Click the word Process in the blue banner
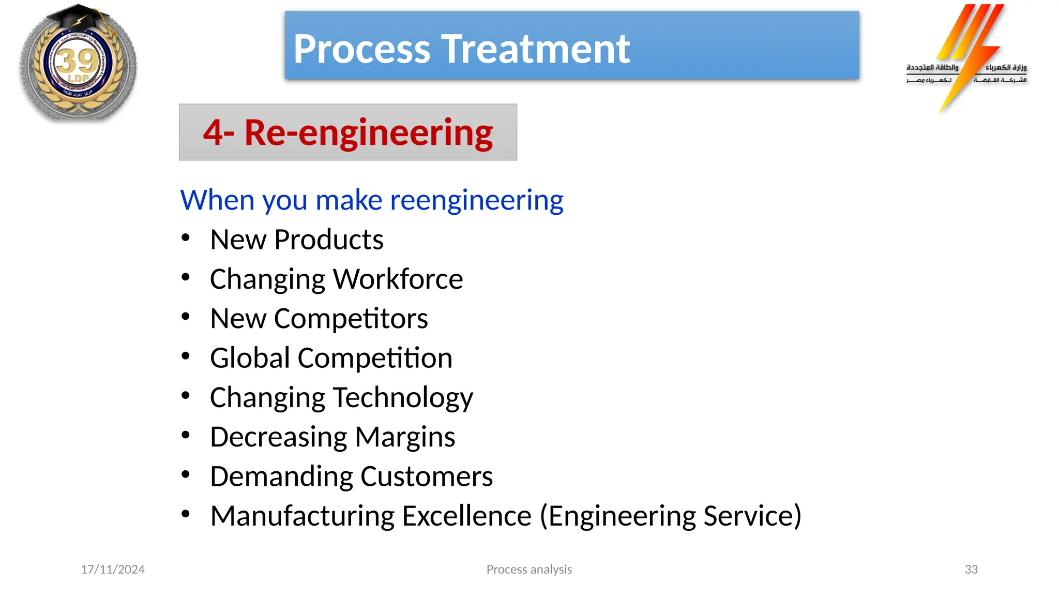click(362, 49)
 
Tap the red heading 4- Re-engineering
click(347, 132)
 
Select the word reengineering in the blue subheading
click(476, 200)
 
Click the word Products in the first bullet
click(328, 240)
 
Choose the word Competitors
click(351, 319)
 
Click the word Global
click(250, 358)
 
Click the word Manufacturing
click(302, 516)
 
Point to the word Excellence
click(466, 516)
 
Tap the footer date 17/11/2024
click(113, 570)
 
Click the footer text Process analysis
click(529, 570)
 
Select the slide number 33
click(971, 570)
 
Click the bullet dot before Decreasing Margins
click(186, 435)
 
